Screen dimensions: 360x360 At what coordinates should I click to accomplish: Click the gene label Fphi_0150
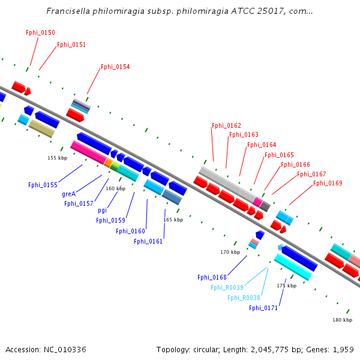click(40, 32)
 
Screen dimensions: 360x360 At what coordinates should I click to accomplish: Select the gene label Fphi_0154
click(115, 67)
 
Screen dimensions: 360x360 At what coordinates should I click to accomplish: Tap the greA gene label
click(68, 194)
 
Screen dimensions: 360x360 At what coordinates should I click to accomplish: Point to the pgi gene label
click(102, 211)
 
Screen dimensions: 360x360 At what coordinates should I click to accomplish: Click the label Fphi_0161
click(148, 241)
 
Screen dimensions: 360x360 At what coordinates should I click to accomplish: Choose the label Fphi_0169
click(328, 183)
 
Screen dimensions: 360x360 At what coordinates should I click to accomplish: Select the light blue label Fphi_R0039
click(227, 287)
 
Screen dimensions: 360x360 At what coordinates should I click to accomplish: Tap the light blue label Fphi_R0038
click(244, 298)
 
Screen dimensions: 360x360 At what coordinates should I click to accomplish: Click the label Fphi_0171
click(263, 308)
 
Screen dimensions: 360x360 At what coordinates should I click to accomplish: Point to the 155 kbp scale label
click(58, 158)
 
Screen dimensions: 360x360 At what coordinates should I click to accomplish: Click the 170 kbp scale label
click(230, 252)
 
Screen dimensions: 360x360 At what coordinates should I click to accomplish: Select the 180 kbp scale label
click(343, 320)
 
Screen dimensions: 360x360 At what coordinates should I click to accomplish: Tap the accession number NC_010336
click(65, 350)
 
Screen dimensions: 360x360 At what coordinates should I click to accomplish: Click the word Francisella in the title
click(68, 11)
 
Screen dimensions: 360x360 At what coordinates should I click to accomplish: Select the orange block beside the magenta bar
click(108, 163)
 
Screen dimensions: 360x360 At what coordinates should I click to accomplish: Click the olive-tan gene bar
click(42, 128)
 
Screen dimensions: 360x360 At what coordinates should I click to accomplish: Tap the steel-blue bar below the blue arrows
click(172, 197)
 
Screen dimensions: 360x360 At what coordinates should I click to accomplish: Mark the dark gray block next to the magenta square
click(265, 206)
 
